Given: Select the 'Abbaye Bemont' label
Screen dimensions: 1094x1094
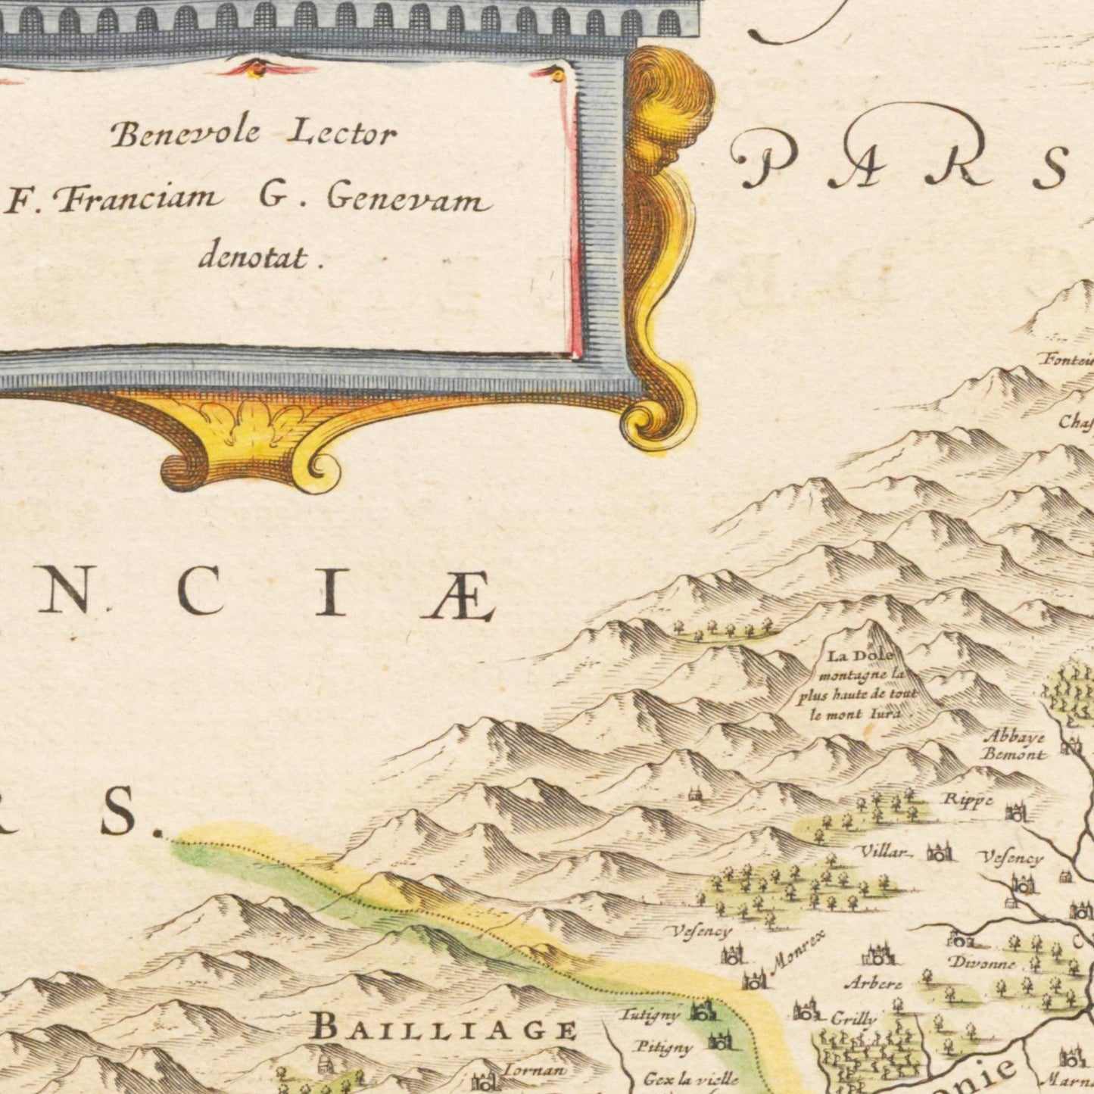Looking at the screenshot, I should (1013, 745).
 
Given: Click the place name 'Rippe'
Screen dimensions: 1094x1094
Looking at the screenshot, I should (967, 799).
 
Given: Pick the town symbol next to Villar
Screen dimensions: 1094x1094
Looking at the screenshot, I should (939, 854).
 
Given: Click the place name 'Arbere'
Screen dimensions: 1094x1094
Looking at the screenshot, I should (873, 984).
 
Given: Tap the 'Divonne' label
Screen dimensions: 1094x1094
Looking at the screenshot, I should (981, 964).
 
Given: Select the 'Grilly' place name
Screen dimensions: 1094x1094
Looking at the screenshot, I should (853, 1019).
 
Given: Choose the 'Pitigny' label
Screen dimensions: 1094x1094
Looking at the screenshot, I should (664, 1048).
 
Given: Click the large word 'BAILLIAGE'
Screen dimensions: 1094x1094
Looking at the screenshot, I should (444, 1029).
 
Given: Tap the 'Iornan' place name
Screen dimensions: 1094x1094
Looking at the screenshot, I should (533, 1070).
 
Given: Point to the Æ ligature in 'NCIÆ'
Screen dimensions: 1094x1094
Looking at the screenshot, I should (457, 596).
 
